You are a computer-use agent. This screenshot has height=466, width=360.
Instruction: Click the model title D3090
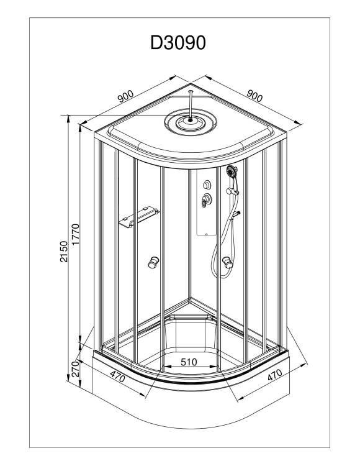(x=178, y=43)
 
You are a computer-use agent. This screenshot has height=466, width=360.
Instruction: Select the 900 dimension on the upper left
(x=125, y=96)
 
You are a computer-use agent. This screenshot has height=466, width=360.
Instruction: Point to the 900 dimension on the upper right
(x=254, y=96)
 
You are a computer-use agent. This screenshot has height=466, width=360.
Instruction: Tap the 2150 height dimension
(x=64, y=252)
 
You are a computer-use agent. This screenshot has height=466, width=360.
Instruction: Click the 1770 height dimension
(x=75, y=234)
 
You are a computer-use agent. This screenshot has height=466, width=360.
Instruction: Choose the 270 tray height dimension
(x=75, y=369)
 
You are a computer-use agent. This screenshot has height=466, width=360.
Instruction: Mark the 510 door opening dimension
(x=189, y=362)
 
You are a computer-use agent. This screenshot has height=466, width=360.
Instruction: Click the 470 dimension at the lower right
(x=274, y=375)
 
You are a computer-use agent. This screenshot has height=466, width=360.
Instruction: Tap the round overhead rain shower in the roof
(x=190, y=122)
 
